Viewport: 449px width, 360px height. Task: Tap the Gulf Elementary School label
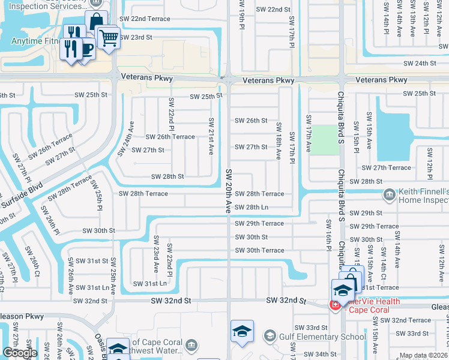(x=324, y=337)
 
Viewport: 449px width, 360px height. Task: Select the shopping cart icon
(x=109, y=38)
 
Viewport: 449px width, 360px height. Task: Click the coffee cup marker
(x=86, y=47)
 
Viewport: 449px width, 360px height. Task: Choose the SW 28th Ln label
(x=252, y=208)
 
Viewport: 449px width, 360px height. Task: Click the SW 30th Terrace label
(x=259, y=250)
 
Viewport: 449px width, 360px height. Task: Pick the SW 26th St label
(x=251, y=121)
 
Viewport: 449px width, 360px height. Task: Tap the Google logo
(x=20, y=353)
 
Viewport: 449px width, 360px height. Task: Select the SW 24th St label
(x=420, y=63)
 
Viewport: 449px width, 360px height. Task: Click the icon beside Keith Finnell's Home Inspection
(x=389, y=194)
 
